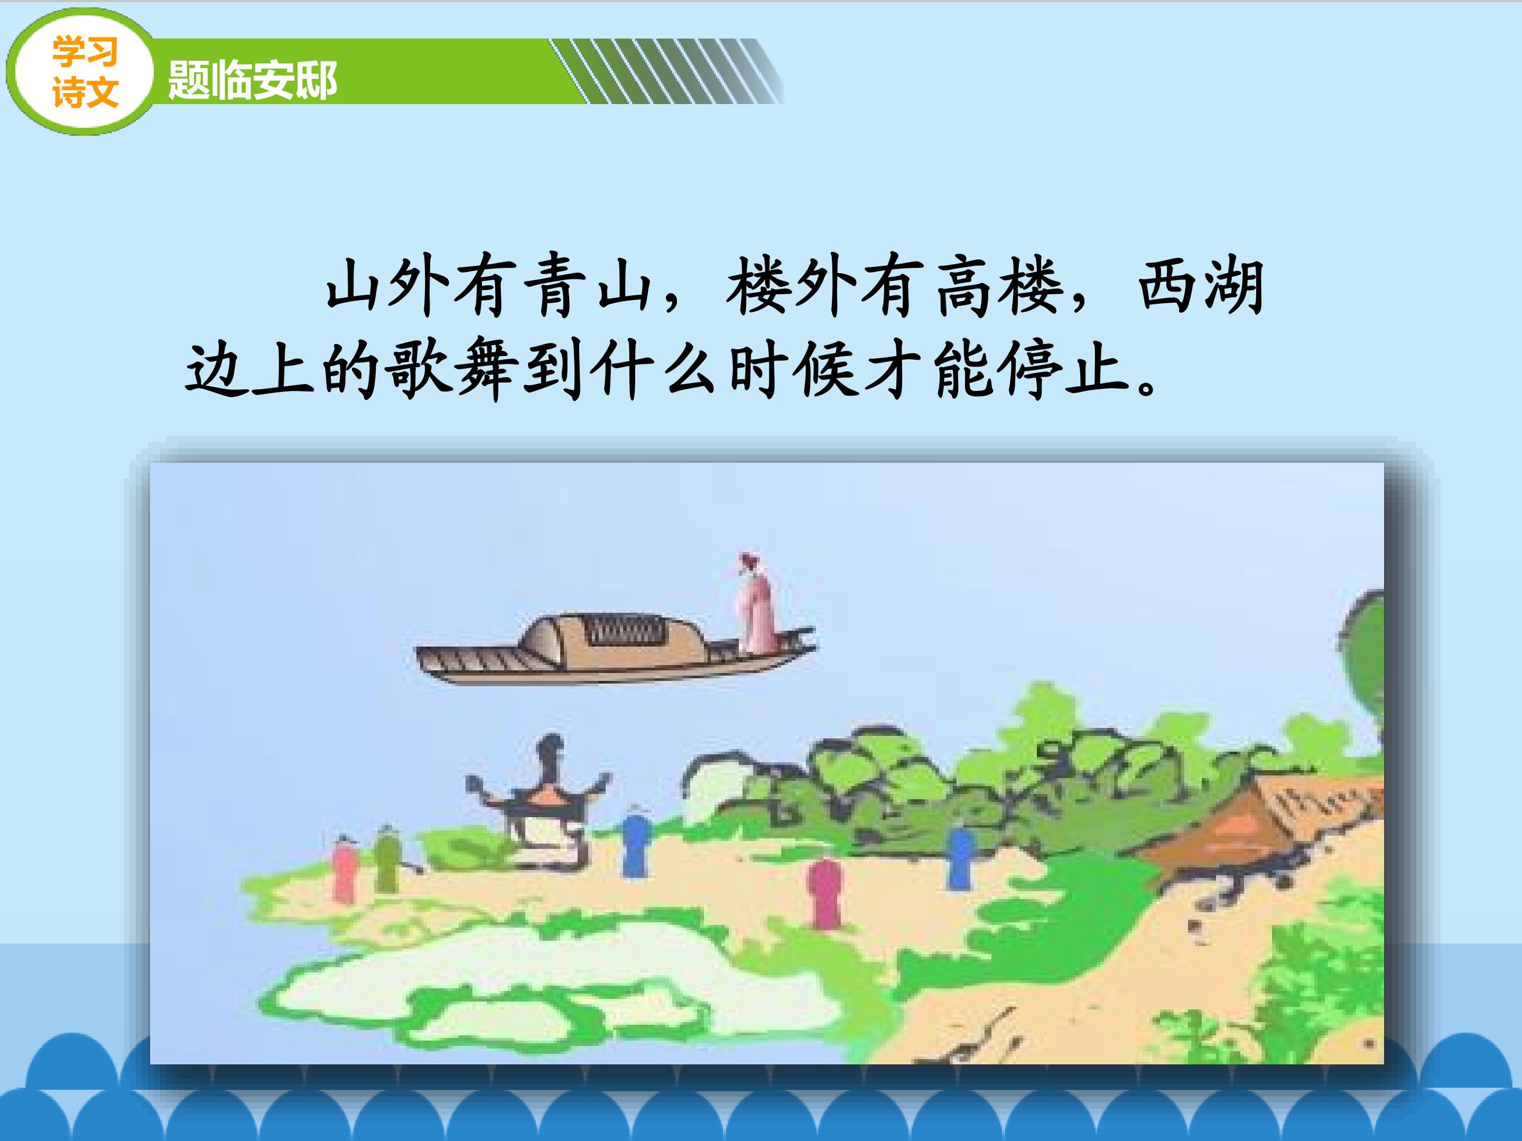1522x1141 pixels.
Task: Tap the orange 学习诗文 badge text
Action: pos(85,72)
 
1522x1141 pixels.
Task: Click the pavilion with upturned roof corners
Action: pos(540,798)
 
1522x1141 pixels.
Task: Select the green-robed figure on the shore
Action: pos(387,859)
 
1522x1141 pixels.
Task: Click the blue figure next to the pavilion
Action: pos(634,843)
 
